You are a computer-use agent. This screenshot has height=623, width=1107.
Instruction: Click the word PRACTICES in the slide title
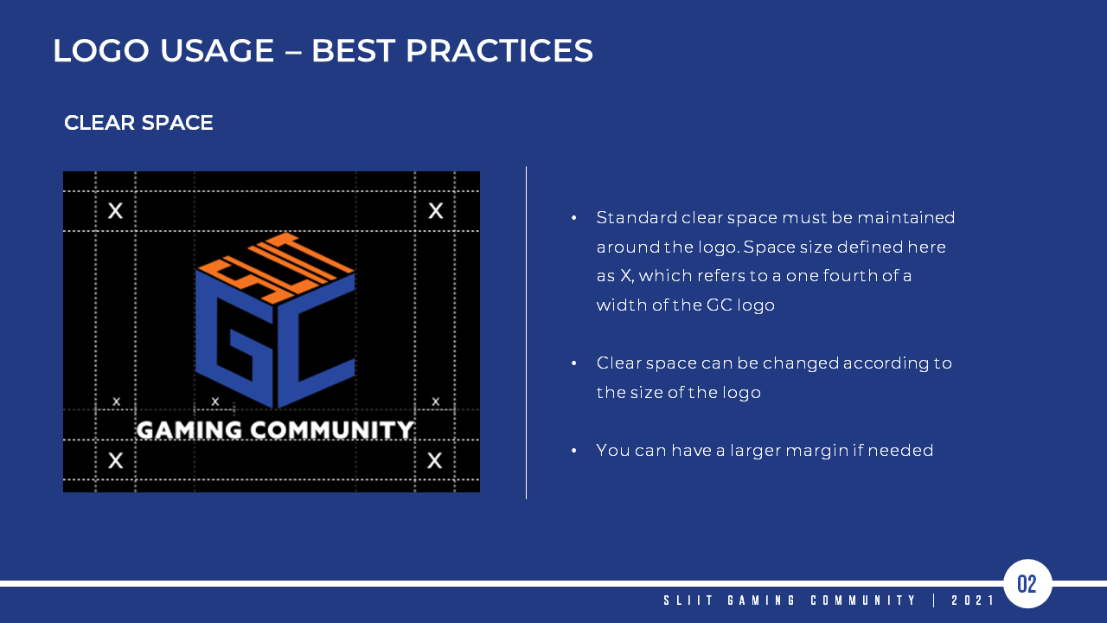499,50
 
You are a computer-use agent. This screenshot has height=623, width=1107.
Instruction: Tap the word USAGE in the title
217,50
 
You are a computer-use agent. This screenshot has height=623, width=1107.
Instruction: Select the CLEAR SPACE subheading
138,123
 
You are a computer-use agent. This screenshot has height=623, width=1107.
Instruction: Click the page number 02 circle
1027,584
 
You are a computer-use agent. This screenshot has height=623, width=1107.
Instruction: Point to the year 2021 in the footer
973,601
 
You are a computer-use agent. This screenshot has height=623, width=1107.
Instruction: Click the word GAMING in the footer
761,601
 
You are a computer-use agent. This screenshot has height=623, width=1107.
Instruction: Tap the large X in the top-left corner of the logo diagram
116,210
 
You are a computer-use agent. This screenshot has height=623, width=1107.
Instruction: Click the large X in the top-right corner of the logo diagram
436,210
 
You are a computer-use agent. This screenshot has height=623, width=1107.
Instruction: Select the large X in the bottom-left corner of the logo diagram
116,460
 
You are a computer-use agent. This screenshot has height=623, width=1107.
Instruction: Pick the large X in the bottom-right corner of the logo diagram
435,460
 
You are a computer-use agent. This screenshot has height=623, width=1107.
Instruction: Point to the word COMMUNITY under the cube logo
331,430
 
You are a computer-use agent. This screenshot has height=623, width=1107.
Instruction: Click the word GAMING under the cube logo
189,430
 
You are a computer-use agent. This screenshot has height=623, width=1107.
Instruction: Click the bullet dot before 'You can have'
573,451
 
